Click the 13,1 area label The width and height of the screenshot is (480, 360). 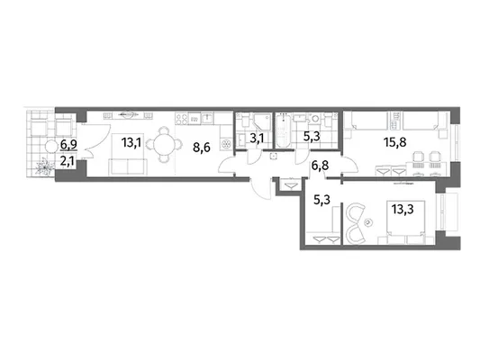[131, 142]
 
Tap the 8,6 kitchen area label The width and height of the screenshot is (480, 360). [202, 148]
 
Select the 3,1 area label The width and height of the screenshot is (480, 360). [257, 139]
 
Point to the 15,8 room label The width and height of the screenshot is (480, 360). [395, 142]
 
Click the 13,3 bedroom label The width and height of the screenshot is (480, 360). [403, 210]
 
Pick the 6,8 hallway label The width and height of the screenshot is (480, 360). [320, 166]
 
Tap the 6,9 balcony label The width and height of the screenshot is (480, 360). [68, 144]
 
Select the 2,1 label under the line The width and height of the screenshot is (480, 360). [67, 160]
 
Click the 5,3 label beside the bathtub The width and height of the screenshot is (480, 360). [312, 136]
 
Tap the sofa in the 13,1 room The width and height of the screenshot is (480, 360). [128, 167]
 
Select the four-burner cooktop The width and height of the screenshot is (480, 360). [182, 118]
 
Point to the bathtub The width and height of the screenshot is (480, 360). [283, 130]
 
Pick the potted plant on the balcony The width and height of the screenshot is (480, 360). [45, 166]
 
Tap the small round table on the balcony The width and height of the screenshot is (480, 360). [51, 147]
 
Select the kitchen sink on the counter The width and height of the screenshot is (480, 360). [207, 118]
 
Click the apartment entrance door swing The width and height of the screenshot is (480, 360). [260, 189]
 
